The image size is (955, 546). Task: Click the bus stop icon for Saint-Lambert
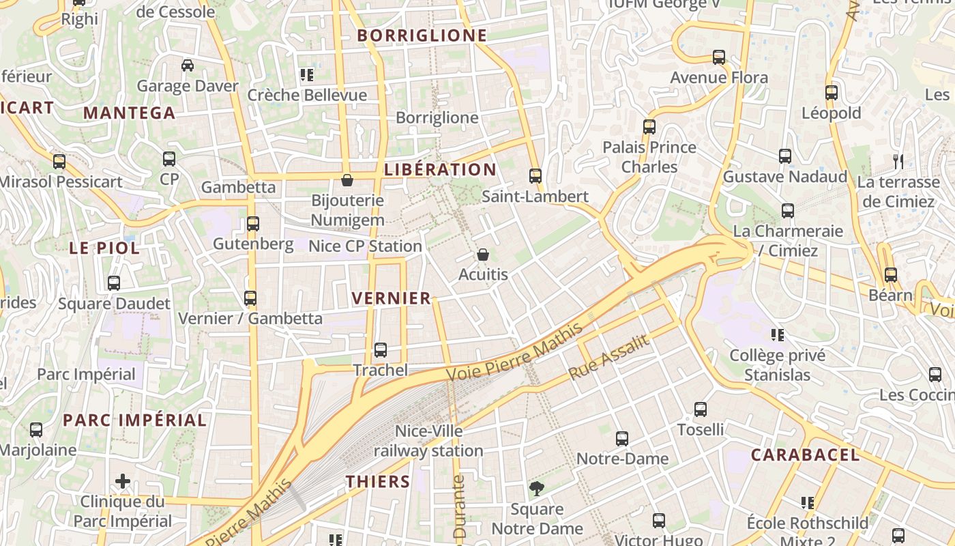535,176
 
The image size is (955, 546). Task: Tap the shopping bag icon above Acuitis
483,255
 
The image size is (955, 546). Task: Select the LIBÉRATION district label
440,169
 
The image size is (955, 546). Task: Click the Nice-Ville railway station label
428,441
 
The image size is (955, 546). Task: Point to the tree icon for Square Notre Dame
537,488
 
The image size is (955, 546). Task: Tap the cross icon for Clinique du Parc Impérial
123,481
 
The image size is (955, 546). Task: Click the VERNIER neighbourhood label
392,298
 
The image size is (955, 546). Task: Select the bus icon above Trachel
381,349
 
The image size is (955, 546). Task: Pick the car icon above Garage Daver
188,66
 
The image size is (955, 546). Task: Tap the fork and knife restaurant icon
898,162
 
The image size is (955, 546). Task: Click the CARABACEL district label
805,455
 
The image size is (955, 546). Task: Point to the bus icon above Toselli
701,409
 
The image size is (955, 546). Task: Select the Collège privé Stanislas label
778,365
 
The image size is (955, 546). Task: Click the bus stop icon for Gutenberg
253,223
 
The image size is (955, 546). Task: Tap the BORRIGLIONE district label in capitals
422,35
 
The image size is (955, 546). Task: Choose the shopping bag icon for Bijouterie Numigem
347,180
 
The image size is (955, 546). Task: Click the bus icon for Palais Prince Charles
649,126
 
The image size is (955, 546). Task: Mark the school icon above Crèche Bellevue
307,74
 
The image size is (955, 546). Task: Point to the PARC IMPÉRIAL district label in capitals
134,420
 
